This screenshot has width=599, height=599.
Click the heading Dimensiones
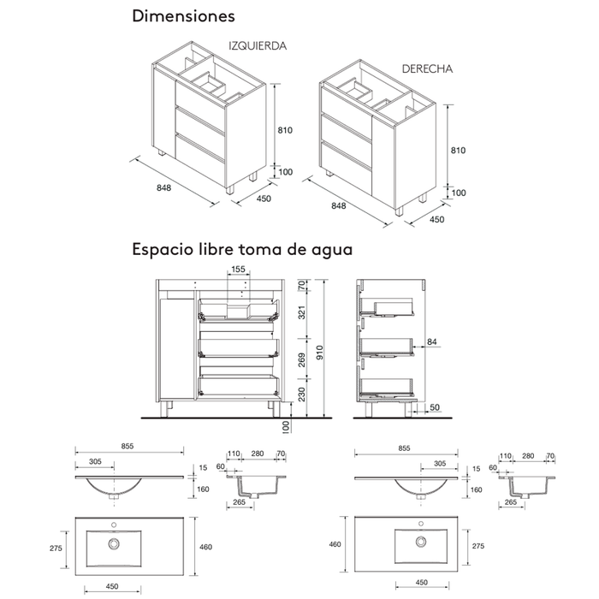pyautogui.click(x=183, y=16)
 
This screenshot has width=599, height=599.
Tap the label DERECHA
pyautogui.click(x=427, y=68)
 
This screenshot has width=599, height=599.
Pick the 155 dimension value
pyautogui.click(x=238, y=270)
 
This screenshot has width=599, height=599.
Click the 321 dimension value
pyautogui.click(x=301, y=315)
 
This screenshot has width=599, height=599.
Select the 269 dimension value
pyautogui.click(x=301, y=359)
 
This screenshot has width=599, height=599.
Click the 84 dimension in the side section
pyautogui.click(x=432, y=341)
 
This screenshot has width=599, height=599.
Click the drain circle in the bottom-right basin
pyautogui.click(x=422, y=542)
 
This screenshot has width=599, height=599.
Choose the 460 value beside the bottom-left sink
pyautogui.click(x=205, y=547)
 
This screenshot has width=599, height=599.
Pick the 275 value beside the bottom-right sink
pyautogui.click(x=478, y=546)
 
